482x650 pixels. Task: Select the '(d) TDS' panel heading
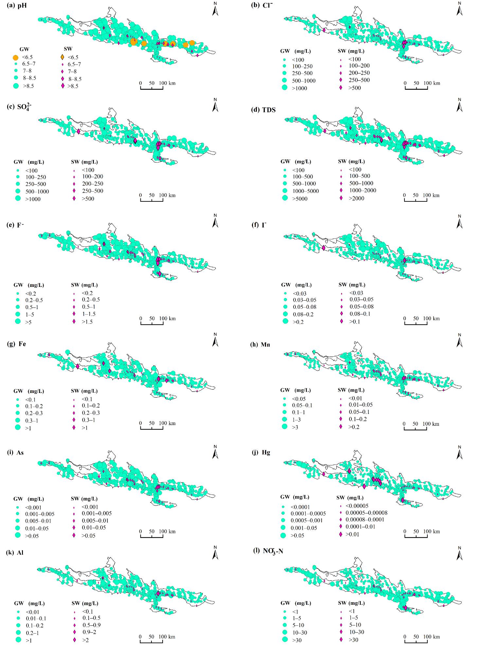tap(263, 110)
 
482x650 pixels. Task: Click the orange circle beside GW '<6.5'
tap(15, 58)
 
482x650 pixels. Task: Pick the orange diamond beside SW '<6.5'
tap(62, 57)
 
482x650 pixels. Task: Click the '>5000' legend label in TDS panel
tap(300, 198)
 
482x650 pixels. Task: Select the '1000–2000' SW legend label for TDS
tap(362, 190)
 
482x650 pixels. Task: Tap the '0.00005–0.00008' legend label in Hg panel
tap(366, 512)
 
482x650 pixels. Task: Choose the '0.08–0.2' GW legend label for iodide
tap(303, 314)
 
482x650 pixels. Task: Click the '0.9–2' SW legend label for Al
tap(89, 632)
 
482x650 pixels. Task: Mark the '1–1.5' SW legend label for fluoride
tap(89, 314)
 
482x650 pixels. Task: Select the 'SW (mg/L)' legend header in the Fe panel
tap(84, 391)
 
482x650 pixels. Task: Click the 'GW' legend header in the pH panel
tap(24, 49)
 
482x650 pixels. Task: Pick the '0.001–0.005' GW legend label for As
tap(40, 514)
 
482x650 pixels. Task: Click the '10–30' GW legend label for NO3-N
tap(300, 632)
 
